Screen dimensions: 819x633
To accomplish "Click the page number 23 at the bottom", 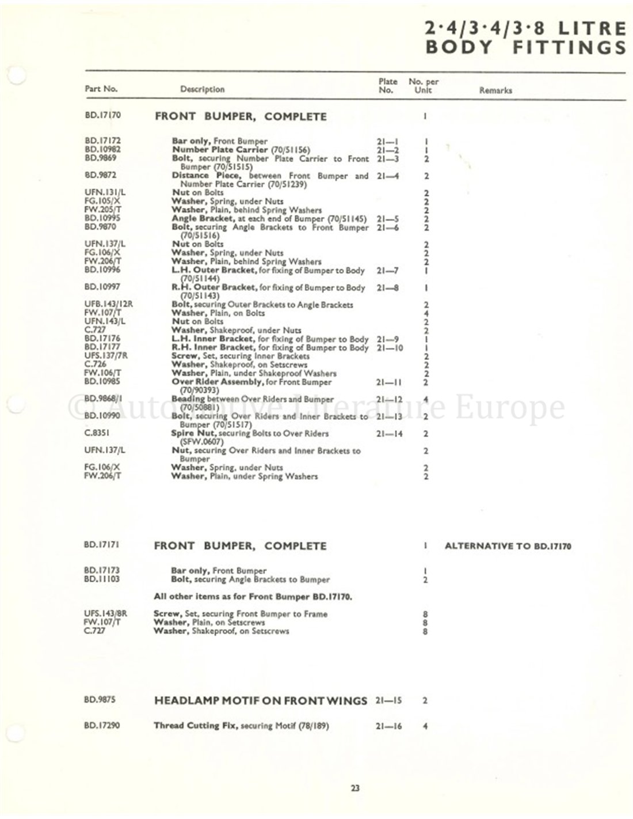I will pos(354,788).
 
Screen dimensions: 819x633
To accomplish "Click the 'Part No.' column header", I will pos(101,89).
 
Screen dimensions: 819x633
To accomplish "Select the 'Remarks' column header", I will pos(495,90).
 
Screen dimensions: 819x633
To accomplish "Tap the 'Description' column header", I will pos(202,89).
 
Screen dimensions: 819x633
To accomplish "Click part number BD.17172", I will pos(102,141).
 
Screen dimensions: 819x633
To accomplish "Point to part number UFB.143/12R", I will pos(108,304).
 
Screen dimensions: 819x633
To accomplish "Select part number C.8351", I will pos(96,433).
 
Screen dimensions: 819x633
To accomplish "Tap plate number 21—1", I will pos(387,141).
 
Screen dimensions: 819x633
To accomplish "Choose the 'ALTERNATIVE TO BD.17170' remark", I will pos(508,546).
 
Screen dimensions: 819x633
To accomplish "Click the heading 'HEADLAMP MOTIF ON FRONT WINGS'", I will pos(260,701).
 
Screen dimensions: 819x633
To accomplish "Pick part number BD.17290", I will pos(102,726).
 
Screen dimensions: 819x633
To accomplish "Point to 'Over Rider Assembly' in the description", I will pos(213,382).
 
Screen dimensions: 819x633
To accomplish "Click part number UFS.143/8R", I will pos(105,614).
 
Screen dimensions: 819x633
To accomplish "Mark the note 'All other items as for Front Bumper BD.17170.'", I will pos(253,597).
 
